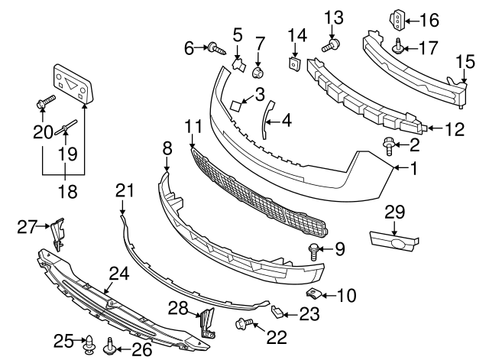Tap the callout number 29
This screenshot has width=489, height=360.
click(x=395, y=210)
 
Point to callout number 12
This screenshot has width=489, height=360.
click(x=455, y=130)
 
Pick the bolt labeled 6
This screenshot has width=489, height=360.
click(x=215, y=50)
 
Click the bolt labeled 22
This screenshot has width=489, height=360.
click(x=246, y=325)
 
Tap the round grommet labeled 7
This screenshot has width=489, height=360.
click(x=258, y=73)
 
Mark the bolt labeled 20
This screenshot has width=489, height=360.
click(x=44, y=102)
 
